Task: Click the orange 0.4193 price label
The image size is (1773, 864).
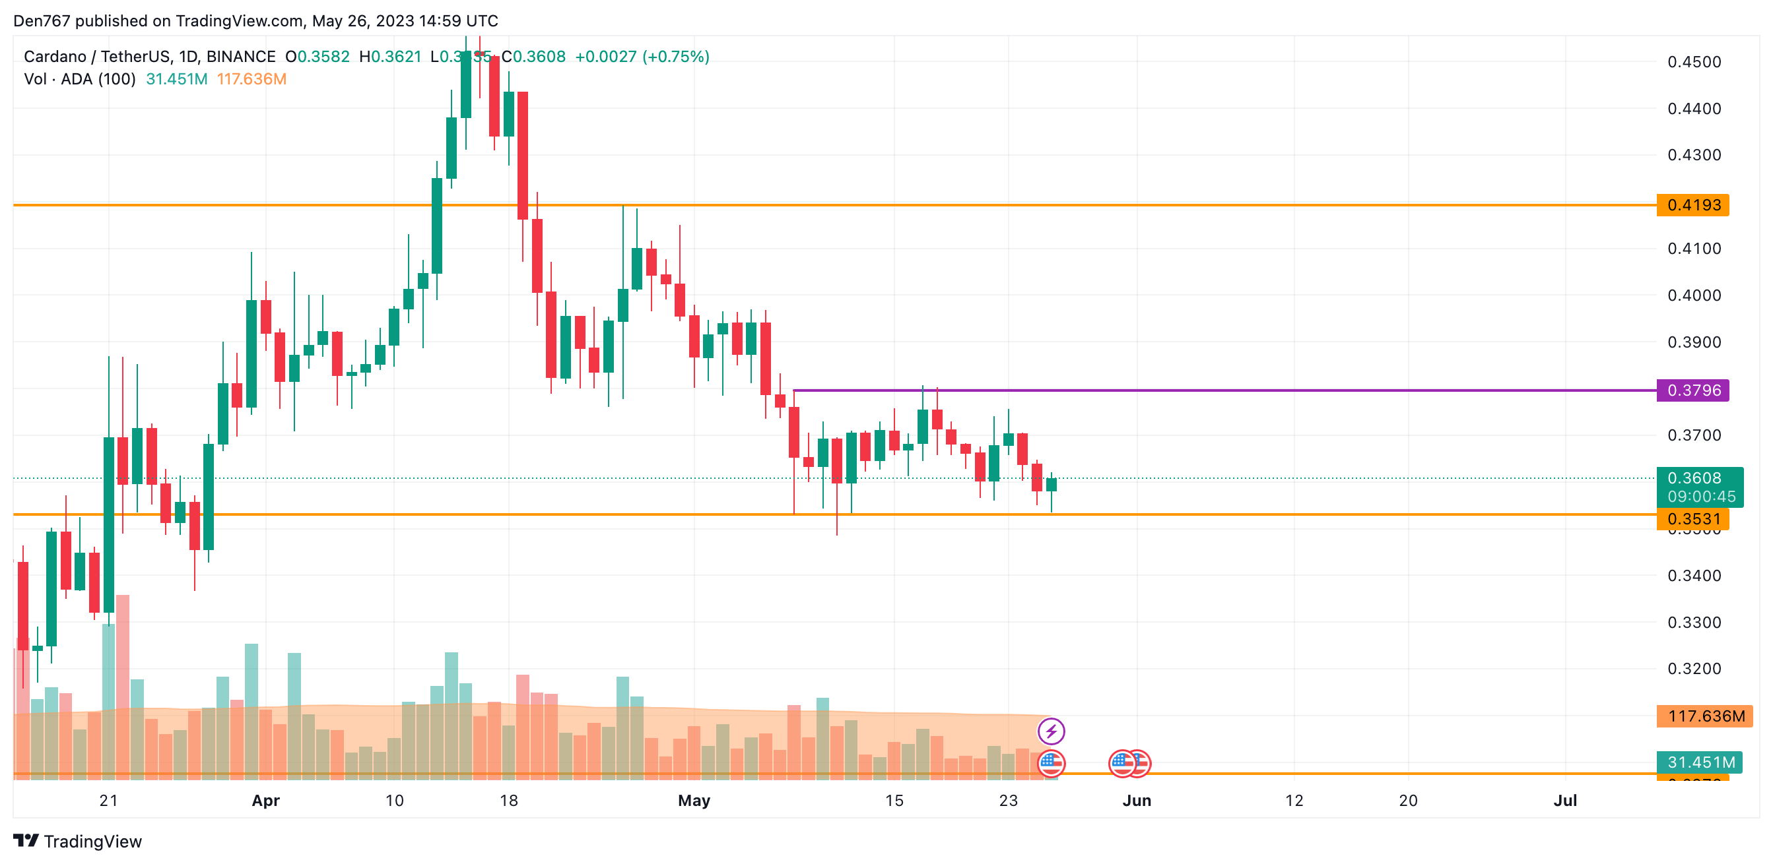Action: point(1692,205)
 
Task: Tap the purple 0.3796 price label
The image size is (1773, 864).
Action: point(1692,390)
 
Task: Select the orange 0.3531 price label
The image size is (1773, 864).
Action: point(1692,518)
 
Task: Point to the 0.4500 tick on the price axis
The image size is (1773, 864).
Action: point(1694,62)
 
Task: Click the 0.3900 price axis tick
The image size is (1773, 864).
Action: point(1694,342)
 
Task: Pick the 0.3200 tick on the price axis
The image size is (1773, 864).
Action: point(1694,669)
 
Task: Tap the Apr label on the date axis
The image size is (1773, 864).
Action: point(265,801)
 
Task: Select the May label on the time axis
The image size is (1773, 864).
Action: point(694,801)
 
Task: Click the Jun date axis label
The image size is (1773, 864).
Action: point(1137,801)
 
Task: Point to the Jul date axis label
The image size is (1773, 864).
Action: point(1565,801)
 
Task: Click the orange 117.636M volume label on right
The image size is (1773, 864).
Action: point(1706,716)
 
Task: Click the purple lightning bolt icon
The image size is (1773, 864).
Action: point(1051,731)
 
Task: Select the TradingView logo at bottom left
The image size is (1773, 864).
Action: point(78,842)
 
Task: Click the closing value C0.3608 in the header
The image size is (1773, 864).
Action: point(533,57)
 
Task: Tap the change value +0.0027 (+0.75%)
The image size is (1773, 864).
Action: point(642,57)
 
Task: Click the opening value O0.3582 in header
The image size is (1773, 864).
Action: point(318,57)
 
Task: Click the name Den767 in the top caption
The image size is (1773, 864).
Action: point(42,20)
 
